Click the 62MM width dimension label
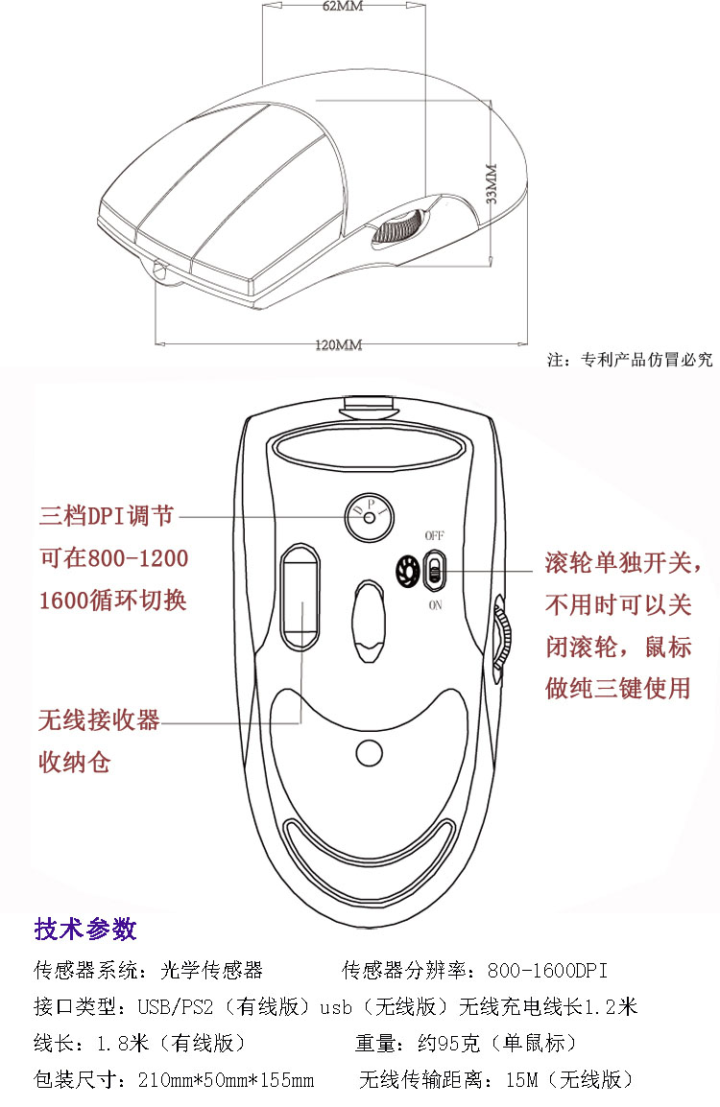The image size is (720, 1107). pyautogui.click(x=343, y=7)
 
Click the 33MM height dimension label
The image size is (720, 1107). pyautogui.click(x=492, y=183)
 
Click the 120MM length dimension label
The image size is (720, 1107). pyautogui.click(x=339, y=344)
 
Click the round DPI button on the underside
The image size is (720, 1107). pyautogui.click(x=369, y=517)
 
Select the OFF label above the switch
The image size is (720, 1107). pyautogui.click(x=435, y=536)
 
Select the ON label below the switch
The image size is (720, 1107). pyautogui.click(x=435, y=605)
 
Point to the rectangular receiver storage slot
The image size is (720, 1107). pyautogui.click(x=300, y=597)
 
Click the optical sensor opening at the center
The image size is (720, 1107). pyautogui.click(x=369, y=622)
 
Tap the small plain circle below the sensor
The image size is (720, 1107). pyautogui.click(x=369, y=753)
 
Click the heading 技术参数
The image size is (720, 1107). pyautogui.click(x=84, y=929)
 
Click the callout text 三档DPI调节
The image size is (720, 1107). pyautogui.click(x=106, y=515)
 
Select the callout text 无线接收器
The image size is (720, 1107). pyautogui.click(x=99, y=720)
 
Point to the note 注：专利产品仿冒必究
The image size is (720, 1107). pyautogui.click(x=630, y=360)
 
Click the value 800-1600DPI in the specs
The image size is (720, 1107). pyautogui.click(x=547, y=970)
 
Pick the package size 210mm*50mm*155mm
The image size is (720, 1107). pyautogui.click(x=227, y=1079)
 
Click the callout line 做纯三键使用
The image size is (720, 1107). pyautogui.click(x=617, y=689)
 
